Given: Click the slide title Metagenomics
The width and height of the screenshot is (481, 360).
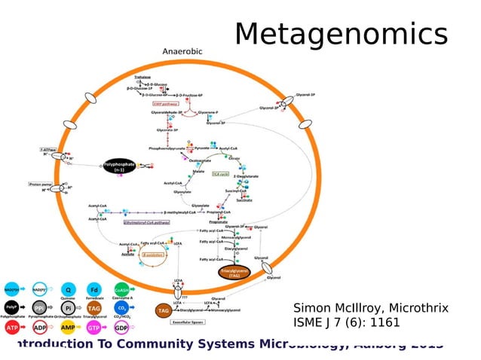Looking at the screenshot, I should [x=341, y=34].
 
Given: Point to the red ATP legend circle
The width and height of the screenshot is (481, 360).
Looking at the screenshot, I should [x=12, y=328].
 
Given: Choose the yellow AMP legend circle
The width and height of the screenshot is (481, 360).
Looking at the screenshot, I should [x=67, y=328].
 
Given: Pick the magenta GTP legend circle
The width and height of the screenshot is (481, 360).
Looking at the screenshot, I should [x=94, y=328].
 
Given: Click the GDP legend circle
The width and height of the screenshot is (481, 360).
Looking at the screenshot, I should [x=121, y=328].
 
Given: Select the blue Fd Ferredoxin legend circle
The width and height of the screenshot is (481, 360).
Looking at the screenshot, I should [x=94, y=290].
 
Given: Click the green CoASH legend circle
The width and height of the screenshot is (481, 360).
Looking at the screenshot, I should [x=121, y=290].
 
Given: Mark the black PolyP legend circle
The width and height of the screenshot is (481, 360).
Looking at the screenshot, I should [x=12, y=309].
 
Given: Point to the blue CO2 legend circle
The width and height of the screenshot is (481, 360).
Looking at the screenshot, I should [x=121, y=309].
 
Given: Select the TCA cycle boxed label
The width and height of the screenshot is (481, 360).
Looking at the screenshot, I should [x=220, y=172].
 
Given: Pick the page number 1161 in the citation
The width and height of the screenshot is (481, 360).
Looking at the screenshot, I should [x=384, y=323].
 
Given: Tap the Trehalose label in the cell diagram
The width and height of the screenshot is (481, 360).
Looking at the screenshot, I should [x=142, y=77].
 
